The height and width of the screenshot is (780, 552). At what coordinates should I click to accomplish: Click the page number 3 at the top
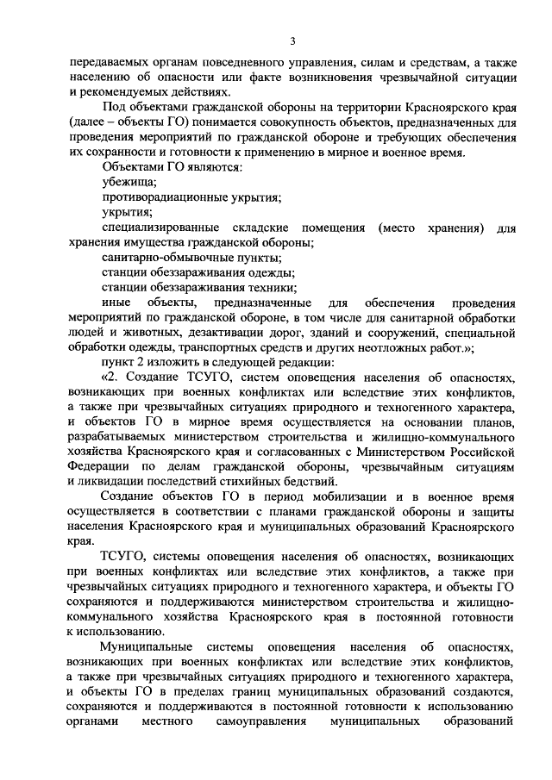(292, 41)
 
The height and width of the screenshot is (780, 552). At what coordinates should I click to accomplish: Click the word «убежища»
(129, 182)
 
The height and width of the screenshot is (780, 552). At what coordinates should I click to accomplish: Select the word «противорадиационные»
(158, 197)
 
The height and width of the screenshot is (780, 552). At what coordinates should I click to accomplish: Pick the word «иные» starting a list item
(116, 303)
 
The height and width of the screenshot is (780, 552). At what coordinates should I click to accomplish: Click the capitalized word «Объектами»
(130, 167)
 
